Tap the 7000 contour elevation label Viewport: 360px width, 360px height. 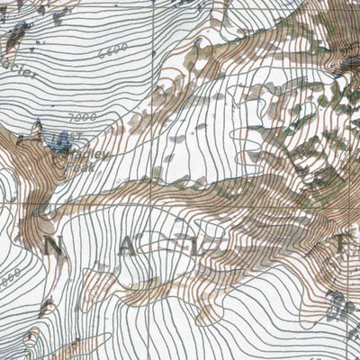click(81, 118)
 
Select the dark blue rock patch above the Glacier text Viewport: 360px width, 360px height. click(15, 36)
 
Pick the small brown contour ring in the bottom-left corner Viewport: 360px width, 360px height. click(31, 339)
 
